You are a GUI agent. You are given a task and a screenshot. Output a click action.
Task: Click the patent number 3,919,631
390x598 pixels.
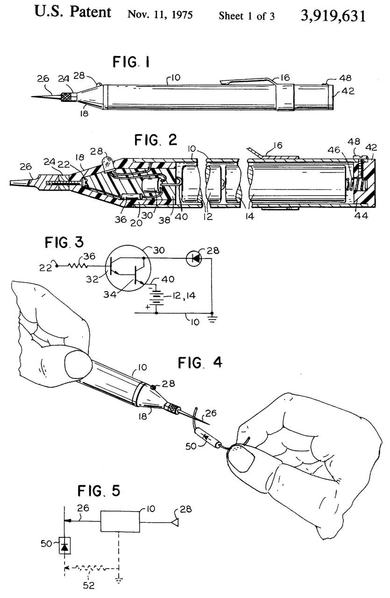click(333, 16)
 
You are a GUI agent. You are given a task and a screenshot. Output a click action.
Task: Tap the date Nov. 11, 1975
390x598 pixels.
click(160, 15)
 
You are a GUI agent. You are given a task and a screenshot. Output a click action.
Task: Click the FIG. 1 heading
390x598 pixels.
click(131, 62)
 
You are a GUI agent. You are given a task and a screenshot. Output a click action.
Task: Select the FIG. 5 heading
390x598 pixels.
click(99, 491)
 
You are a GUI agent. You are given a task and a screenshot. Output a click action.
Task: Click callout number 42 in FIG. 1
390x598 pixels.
click(348, 91)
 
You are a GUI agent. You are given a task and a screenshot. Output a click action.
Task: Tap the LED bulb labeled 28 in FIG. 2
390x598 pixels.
click(108, 162)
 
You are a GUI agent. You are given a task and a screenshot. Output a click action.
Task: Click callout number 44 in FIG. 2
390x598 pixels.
click(361, 215)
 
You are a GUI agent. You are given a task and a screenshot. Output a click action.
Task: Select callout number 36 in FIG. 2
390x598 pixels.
click(121, 220)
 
